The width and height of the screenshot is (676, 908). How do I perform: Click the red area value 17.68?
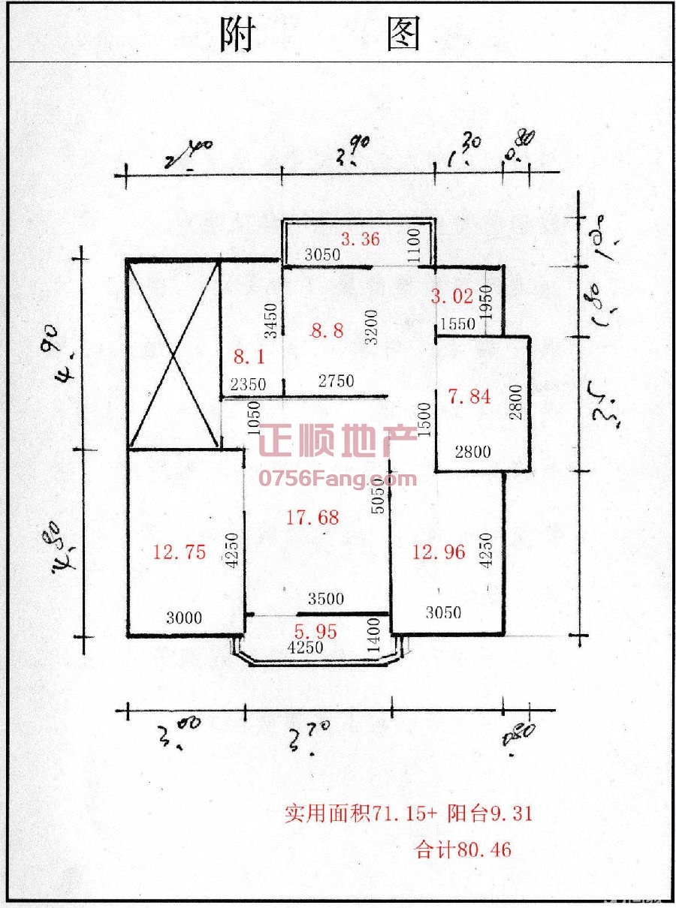(312, 517)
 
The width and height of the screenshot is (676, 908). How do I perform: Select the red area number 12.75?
(179, 552)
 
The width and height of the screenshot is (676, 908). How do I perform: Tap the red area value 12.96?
(439, 552)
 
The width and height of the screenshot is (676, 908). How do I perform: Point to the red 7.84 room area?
(469, 396)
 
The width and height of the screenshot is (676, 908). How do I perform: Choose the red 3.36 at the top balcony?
(361, 239)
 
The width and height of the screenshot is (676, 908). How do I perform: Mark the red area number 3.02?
(452, 296)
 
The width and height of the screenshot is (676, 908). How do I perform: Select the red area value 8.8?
(327, 329)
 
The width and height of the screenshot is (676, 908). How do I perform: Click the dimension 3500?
(326, 599)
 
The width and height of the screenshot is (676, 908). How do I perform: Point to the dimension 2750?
(336, 381)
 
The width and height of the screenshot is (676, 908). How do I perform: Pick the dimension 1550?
(457, 324)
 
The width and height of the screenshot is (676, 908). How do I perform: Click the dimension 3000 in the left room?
(184, 618)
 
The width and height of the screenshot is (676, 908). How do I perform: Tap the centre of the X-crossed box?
(174, 354)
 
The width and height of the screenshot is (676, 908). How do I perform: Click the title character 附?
(237, 35)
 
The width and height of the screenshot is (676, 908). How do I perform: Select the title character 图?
(403, 35)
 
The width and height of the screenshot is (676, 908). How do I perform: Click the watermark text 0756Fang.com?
(337, 478)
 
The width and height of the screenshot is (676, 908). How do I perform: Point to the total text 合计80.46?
(463, 850)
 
